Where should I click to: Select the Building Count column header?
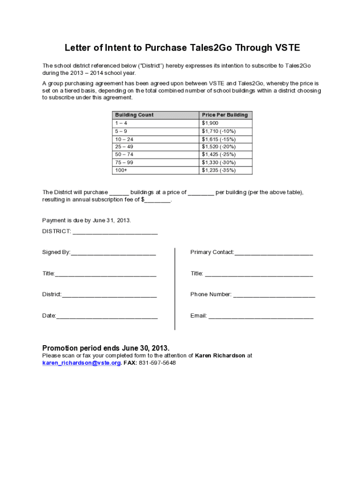(134, 115)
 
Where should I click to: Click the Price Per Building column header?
(224, 115)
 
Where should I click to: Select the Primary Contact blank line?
(274, 253)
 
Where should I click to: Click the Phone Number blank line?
(274, 295)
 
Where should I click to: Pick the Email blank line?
(261, 317)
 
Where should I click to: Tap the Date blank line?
(107, 317)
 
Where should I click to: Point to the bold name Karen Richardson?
(220, 356)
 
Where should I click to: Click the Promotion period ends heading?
(106, 348)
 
